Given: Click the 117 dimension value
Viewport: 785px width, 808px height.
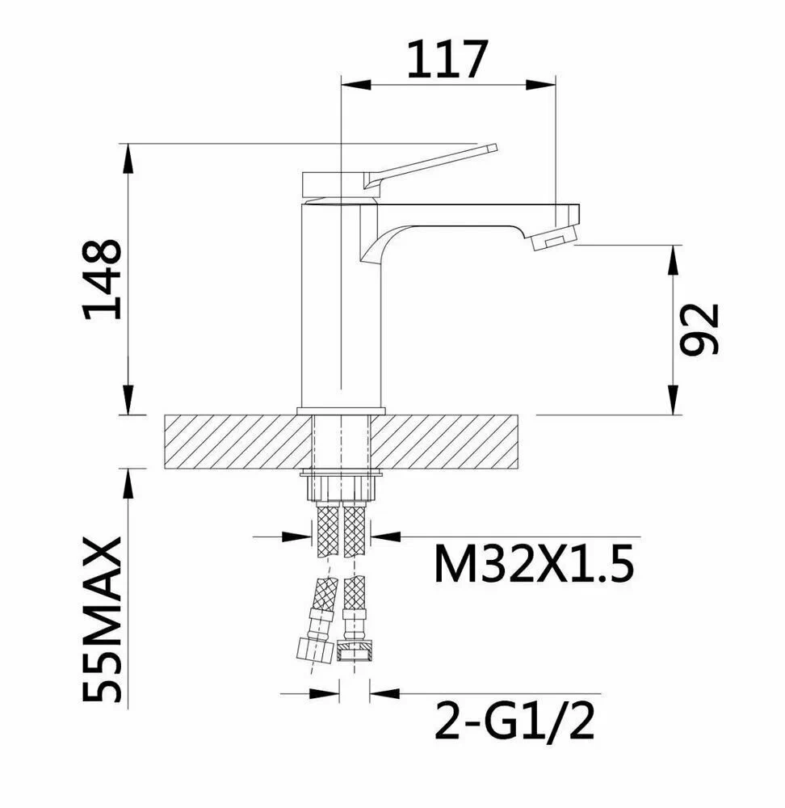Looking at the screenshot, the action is click(447, 59).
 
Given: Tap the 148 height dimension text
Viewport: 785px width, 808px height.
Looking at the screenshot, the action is click(103, 279).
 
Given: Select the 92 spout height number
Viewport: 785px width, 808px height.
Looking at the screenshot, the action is click(699, 330).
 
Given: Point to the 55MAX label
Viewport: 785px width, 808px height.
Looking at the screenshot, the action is click(103, 620).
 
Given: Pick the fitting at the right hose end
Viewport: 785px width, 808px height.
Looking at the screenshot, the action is click(354, 650).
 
